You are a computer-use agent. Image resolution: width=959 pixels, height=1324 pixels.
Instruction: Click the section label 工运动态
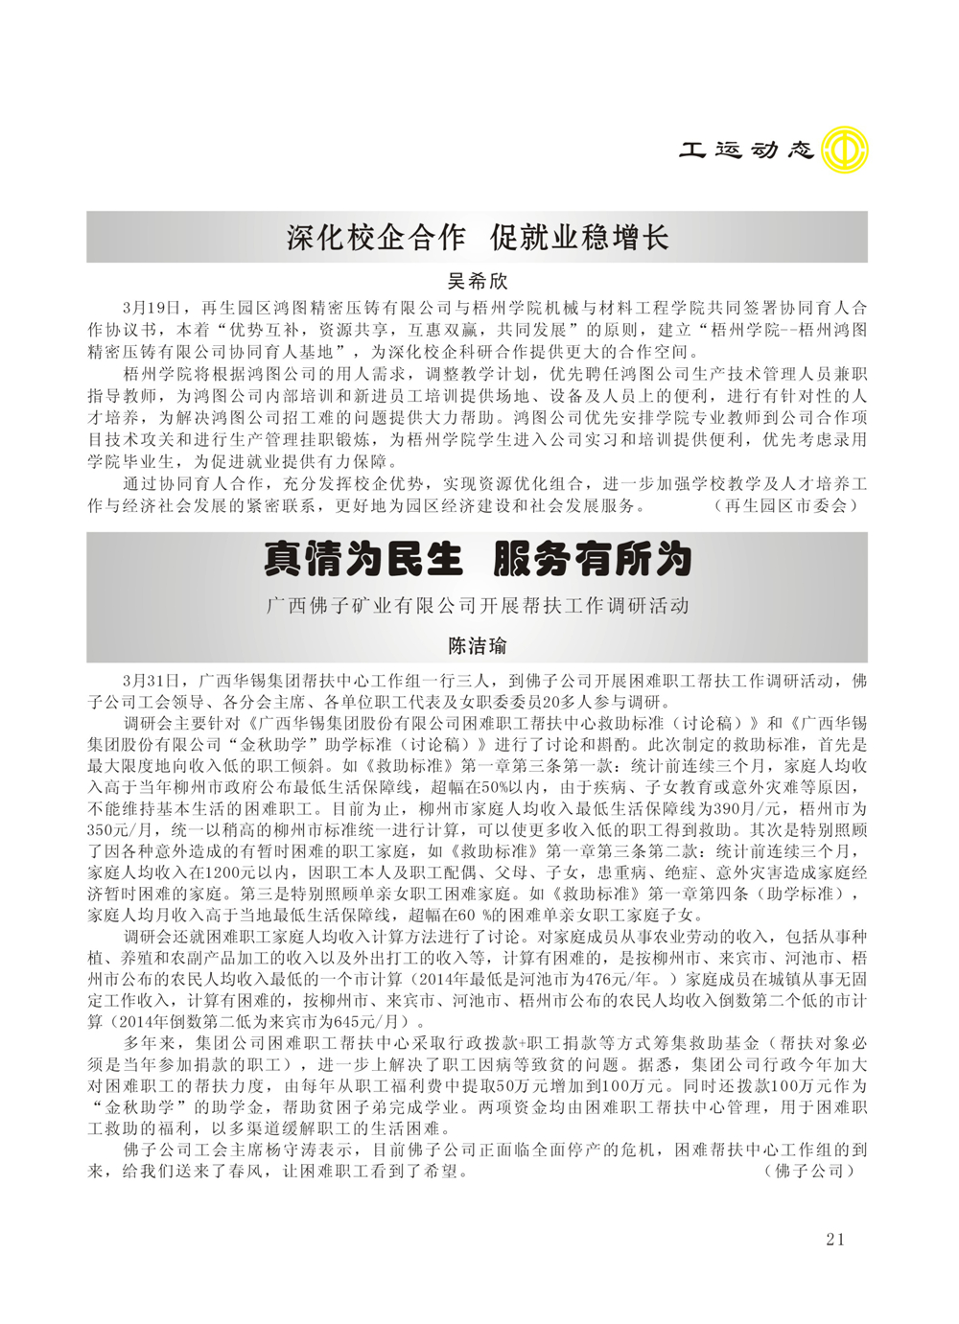click(746, 151)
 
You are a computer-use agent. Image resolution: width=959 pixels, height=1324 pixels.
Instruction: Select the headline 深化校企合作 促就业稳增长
click(478, 237)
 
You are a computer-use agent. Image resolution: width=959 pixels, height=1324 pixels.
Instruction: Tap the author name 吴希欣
click(478, 282)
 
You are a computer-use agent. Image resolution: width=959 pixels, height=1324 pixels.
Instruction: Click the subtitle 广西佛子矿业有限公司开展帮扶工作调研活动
click(478, 606)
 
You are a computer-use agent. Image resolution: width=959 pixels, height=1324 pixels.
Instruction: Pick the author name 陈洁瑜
click(478, 645)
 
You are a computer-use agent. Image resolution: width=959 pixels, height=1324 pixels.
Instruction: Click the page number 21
click(834, 1240)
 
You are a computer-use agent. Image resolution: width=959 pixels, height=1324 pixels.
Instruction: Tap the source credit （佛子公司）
click(810, 1171)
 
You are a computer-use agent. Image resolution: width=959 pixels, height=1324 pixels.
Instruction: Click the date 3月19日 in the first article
click(152, 308)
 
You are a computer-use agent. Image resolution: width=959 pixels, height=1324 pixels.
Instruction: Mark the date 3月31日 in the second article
click(152, 681)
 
